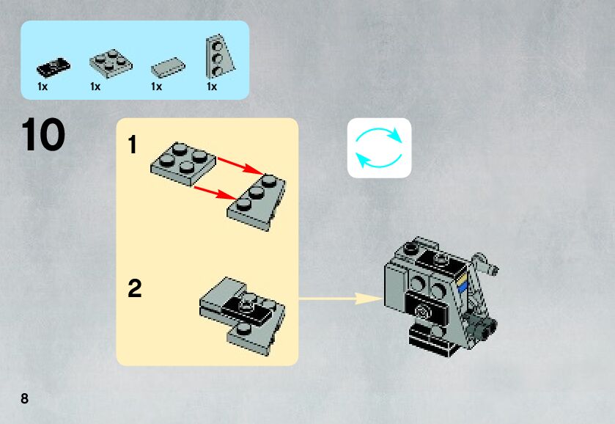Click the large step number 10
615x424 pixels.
point(44,136)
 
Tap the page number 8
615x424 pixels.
point(25,399)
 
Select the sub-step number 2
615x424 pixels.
point(134,289)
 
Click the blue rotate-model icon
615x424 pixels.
point(379,147)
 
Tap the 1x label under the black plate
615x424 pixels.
point(43,87)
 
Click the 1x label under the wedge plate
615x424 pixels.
point(212,87)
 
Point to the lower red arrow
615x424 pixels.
point(214,192)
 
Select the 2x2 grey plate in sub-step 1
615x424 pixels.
point(183,162)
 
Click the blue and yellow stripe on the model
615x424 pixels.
point(461,283)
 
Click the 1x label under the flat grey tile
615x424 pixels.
point(156,87)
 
